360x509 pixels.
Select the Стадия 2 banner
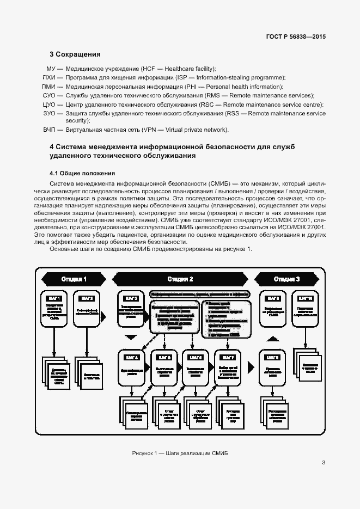180,279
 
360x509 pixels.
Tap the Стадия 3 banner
286,279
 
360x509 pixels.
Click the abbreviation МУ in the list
52,69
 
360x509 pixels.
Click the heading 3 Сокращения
75,54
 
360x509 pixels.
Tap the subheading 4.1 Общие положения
80,173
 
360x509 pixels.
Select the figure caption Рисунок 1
180,453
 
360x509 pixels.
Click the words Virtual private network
201,130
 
